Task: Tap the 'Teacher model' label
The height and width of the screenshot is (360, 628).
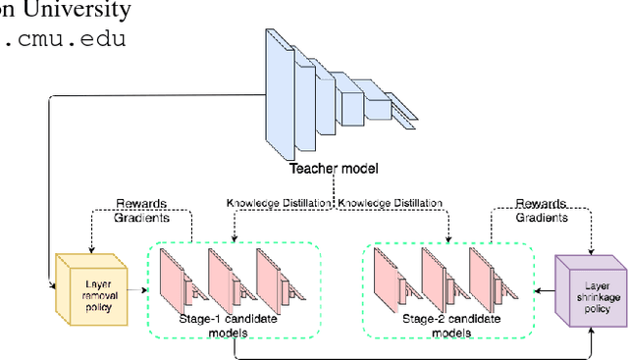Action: [335, 169]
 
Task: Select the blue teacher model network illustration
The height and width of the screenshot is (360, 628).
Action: [335, 93]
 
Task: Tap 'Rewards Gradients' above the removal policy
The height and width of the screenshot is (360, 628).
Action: [141, 210]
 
